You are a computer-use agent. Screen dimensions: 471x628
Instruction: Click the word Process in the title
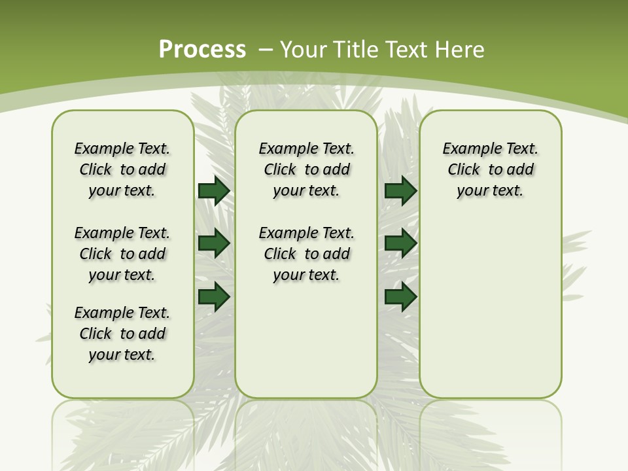(202, 49)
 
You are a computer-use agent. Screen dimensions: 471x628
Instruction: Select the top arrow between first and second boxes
(214, 190)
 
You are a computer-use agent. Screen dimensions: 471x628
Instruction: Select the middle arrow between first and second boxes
(214, 243)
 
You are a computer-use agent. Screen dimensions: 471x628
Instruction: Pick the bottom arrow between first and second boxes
(214, 297)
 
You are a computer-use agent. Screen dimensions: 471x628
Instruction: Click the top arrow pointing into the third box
(400, 190)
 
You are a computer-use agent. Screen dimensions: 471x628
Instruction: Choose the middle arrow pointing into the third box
(400, 243)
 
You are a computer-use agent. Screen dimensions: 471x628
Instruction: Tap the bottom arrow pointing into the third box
(400, 297)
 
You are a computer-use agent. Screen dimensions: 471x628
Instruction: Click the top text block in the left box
(122, 169)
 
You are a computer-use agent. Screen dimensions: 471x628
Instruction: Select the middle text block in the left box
(122, 254)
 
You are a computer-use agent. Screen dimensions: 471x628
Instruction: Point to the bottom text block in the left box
(122, 334)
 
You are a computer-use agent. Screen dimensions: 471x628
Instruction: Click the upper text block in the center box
(306, 169)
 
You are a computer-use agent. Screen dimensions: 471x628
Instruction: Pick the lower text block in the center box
(306, 254)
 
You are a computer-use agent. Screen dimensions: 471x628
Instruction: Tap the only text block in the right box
(490, 169)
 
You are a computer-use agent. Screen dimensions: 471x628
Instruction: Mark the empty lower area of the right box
(490, 307)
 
